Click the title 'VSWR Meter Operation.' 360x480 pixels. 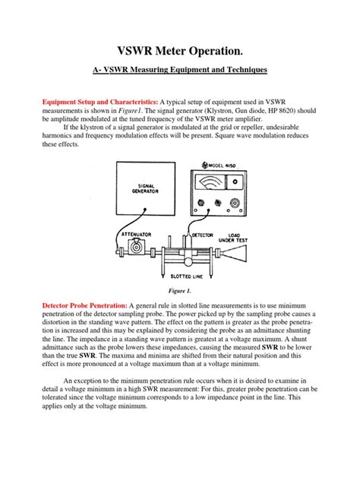(180, 51)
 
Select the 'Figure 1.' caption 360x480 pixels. (180, 290)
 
